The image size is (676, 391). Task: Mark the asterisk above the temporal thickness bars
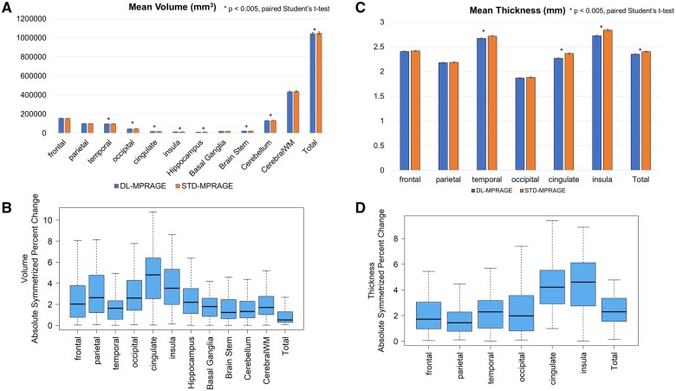(x=458, y=31)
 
